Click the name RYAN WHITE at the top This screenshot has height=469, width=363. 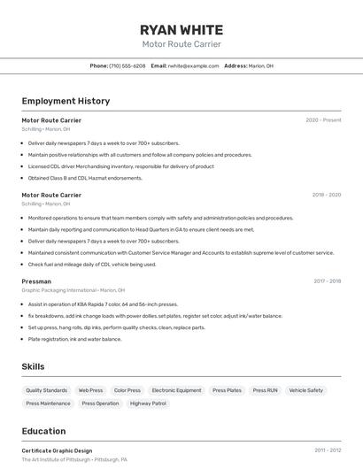coord(181,29)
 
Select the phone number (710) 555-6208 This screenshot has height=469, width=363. coord(127,65)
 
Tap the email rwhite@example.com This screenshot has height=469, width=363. coord(193,65)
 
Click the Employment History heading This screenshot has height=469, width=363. coord(66,101)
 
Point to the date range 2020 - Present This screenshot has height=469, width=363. coord(323,120)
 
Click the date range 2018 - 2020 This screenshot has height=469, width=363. coord(326,195)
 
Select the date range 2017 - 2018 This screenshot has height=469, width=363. coord(327,281)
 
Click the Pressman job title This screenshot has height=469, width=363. coord(36,281)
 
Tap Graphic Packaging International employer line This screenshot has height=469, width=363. coord(73,290)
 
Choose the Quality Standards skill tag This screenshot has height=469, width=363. coord(46,390)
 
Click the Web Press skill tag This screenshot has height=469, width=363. coord(90,390)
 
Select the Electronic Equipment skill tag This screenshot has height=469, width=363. coord(176,390)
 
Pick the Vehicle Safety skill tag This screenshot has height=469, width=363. coord(305,390)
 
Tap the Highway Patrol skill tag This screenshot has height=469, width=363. coord(148,404)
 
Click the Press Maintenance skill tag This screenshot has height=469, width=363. coord(48,404)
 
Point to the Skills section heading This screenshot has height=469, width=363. coord(34,366)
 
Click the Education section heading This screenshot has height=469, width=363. coord(45,431)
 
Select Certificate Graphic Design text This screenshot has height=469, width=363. coord(57,450)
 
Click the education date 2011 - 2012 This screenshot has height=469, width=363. coord(327,450)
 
